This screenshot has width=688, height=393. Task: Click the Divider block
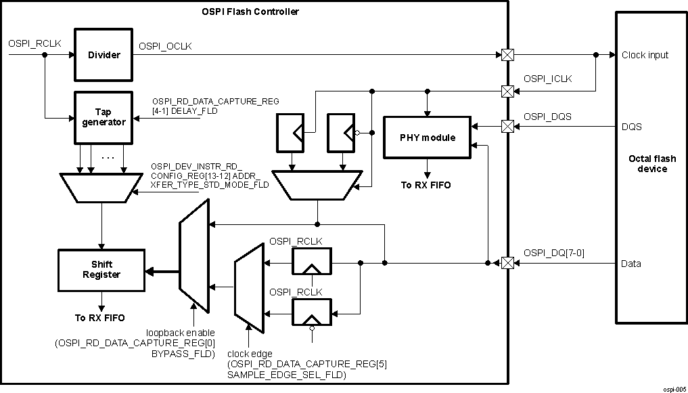point(104,55)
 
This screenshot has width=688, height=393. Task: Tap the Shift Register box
point(101,270)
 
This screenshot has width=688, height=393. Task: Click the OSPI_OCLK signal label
point(166,46)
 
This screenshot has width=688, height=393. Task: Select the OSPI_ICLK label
point(547,79)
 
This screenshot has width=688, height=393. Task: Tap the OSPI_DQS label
point(547,117)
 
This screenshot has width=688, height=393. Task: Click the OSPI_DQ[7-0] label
point(553,253)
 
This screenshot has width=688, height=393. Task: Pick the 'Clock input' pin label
point(645,55)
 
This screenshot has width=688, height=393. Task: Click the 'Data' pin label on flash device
point(631,264)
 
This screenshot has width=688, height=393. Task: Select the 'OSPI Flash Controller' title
point(250,12)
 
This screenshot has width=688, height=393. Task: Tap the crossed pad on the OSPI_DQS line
point(505,126)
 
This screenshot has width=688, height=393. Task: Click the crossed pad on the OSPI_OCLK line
point(505,55)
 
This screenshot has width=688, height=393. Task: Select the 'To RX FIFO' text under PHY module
point(426,184)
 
